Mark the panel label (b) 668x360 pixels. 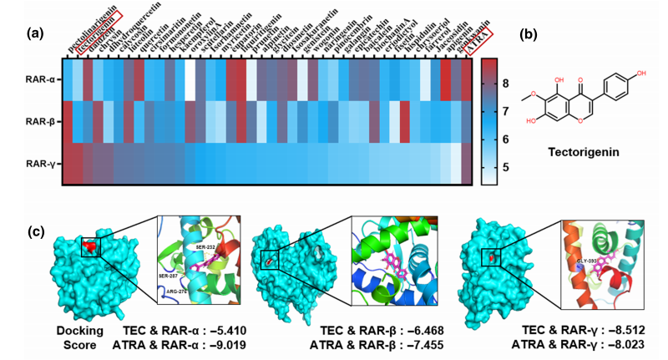tap(528, 34)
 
